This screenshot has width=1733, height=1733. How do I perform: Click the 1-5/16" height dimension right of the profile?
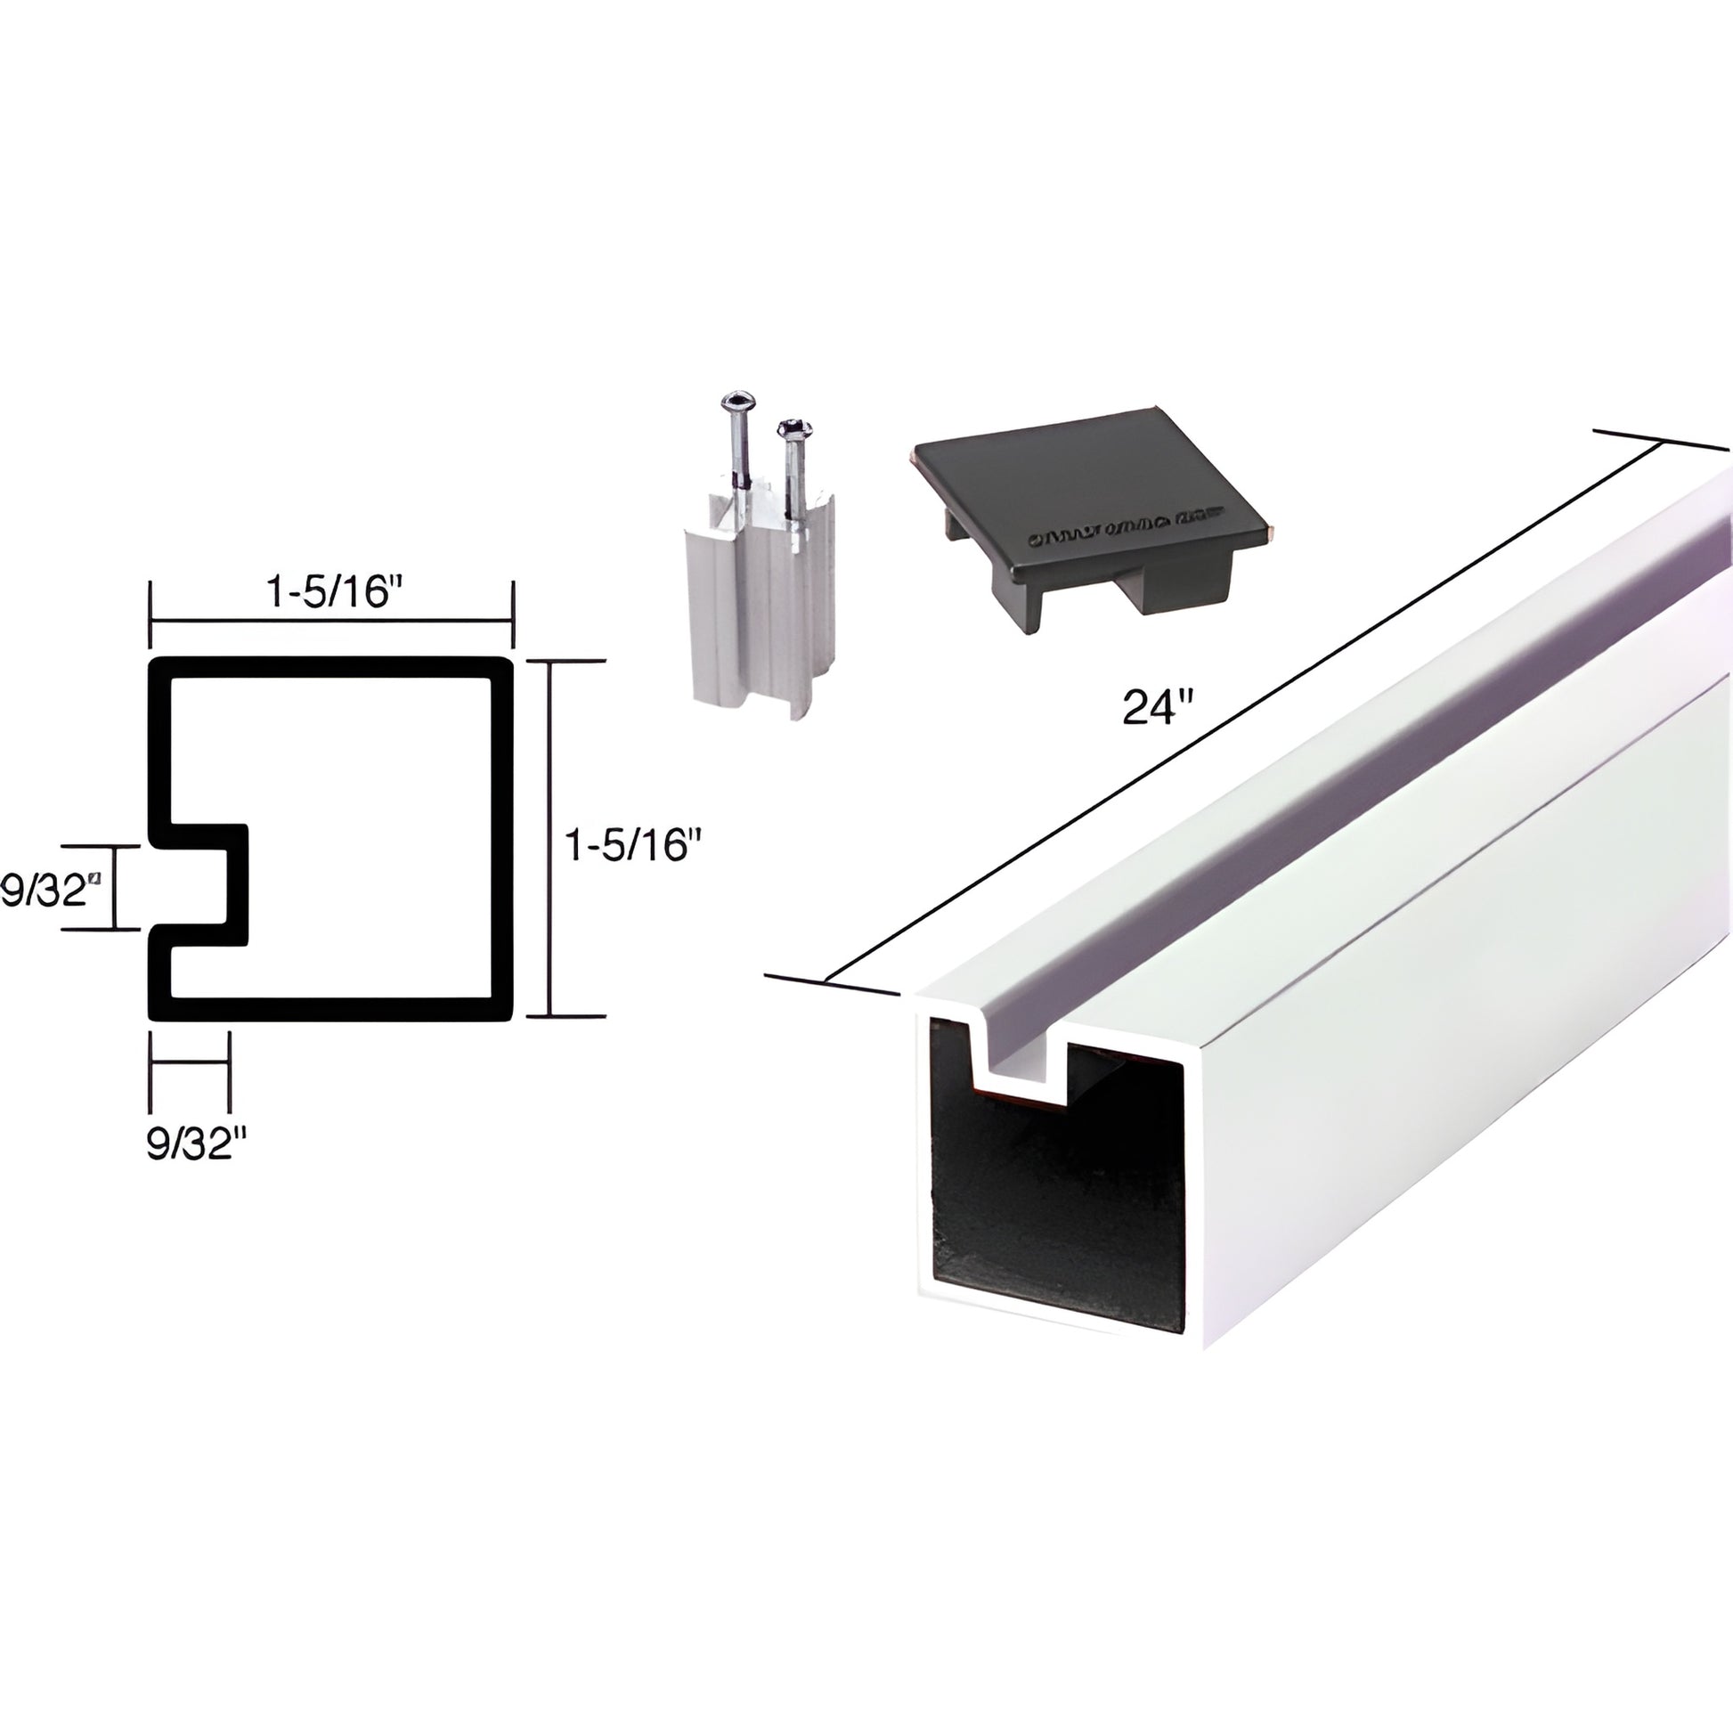pos(631,844)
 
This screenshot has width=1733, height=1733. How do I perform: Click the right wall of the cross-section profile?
pos(502,840)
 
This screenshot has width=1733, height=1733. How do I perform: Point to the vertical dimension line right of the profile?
pos(549,840)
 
